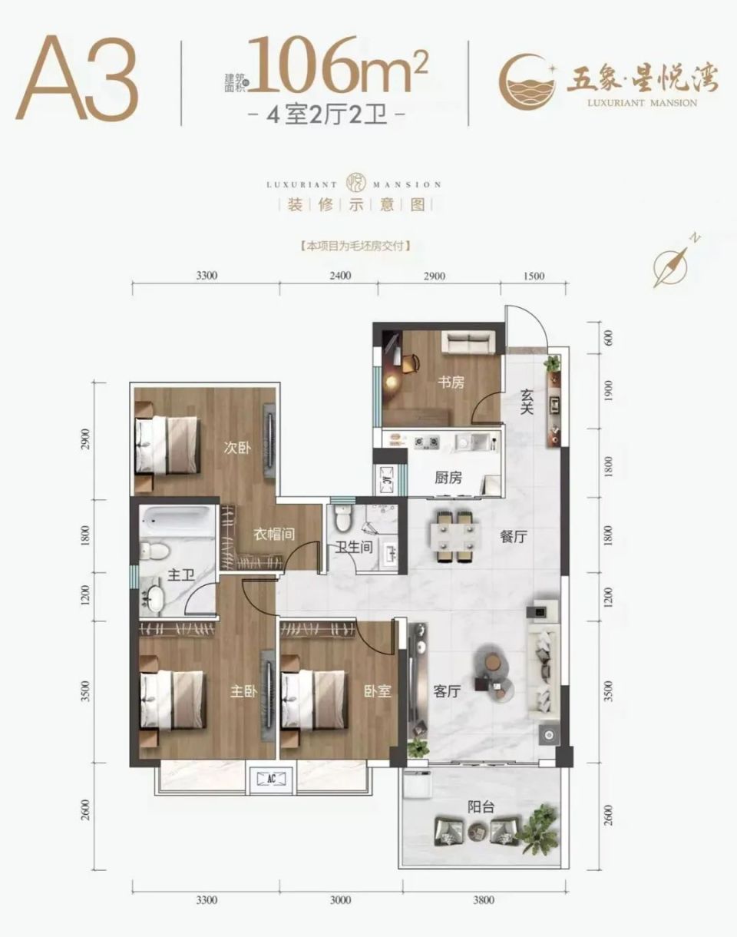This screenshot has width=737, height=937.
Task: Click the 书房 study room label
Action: click(x=451, y=382)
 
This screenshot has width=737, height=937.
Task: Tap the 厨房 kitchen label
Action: click(x=448, y=478)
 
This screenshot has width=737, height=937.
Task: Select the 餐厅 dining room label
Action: click(x=514, y=536)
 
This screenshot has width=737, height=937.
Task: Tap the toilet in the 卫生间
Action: click(x=342, y=518)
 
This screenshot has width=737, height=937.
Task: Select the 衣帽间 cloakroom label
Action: click(x=274, y=534)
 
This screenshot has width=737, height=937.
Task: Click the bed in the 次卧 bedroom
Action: click(x=167, y=445)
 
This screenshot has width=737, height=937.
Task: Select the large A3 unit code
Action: click(x=78, y=78)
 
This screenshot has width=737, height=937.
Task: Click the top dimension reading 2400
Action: click(x=340, y=276)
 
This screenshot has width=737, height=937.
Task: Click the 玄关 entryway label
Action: click(x=527, y=402)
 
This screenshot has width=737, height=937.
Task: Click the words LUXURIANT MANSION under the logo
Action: click(x=643, y=103)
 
